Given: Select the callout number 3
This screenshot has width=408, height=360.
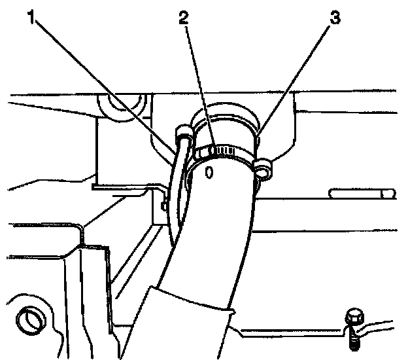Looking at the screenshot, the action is click(335, 18).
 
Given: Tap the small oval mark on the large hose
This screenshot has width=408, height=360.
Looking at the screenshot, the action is click(209, 171).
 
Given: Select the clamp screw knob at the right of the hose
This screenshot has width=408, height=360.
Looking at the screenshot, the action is click(264, 168).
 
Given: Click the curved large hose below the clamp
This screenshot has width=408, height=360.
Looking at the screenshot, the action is click(209, 236).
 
